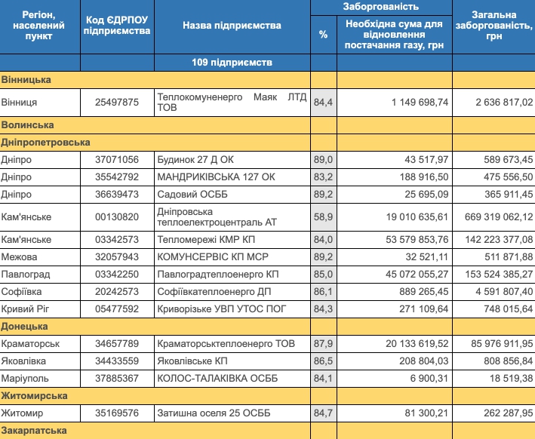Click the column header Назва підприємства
(231, 26)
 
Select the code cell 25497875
(117, 102)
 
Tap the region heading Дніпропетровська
(46, 142)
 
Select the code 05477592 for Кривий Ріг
(117, 308)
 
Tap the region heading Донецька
(24, 326)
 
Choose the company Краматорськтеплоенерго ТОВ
(226, 344)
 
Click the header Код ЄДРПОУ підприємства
(117, 26)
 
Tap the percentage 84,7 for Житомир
(323, 413)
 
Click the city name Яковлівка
(26, 361)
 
